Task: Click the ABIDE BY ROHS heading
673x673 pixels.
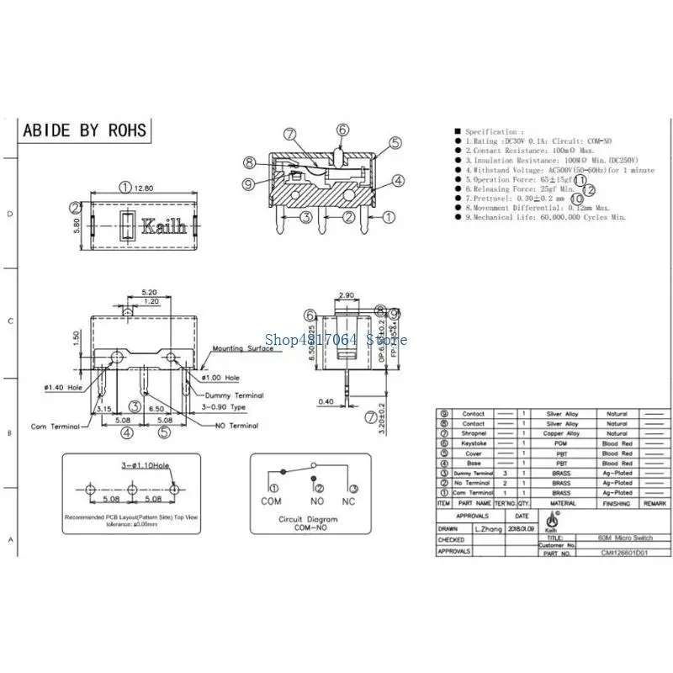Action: tap(84, 130)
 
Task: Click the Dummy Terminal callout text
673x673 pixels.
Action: tap(232, 395)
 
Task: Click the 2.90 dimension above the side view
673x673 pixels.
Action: tap(345, 296)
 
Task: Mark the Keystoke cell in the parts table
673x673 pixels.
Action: tap(474, 443)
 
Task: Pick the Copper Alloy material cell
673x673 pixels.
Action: tap(561, 433)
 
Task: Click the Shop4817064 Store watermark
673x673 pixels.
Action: tap(336, 340)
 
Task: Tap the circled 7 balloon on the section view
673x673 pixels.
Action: tap(289, 134)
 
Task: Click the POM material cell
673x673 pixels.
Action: tap(561, 443)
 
